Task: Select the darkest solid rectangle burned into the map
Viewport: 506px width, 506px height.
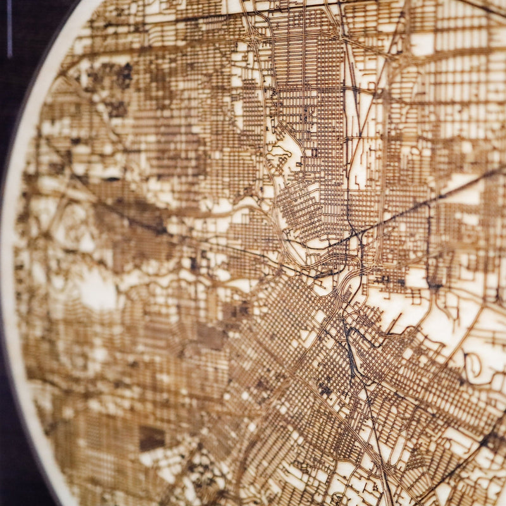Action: click(152, 438)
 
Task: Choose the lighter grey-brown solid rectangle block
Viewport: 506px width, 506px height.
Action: click(209, 335)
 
